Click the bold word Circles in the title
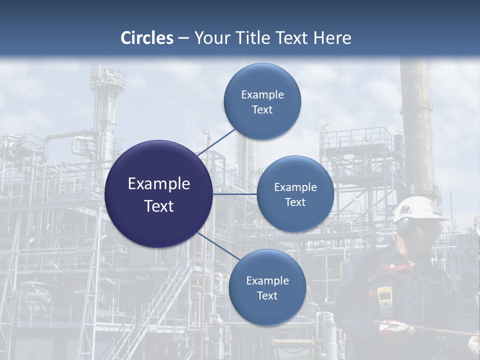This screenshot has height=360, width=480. (147, 37)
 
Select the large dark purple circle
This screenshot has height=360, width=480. (159, 194)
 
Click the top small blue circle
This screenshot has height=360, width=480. (262, 101)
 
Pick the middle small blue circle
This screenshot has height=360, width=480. (295, 194)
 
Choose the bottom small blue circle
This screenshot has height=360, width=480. (267, 287)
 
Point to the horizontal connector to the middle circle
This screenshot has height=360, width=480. (234, 194)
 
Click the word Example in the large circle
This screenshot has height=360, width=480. (159, 183)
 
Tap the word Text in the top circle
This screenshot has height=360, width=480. (262, 110)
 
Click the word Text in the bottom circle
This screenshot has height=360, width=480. (267, 295)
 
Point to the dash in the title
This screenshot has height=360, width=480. (183, 38)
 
